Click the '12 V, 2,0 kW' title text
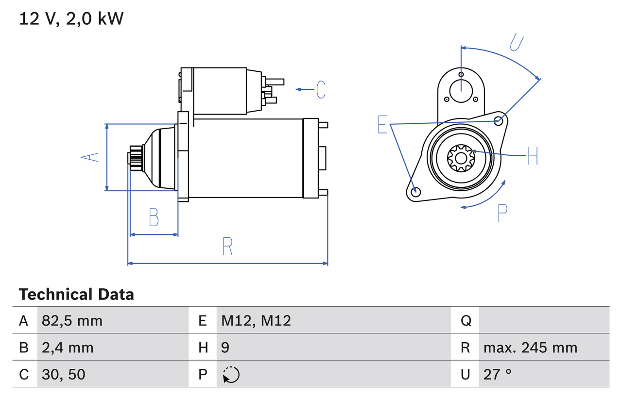pos(71,19)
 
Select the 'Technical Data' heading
pos(76,295)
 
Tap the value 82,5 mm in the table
pos(72,320)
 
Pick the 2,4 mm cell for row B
pos(68,348)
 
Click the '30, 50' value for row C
pos(63,374)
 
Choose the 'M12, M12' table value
pos(256,320)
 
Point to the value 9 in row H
pos(225,348)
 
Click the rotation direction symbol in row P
pos(231,375)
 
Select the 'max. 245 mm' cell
pos(530,348)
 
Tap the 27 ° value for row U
pos(498,374)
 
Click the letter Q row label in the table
pos(466,320)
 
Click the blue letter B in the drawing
pos(154,217)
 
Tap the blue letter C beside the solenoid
pos(321,89)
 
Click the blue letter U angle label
pos(517,42)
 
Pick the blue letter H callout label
pos(533,156)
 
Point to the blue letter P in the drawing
pos(502,213)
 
